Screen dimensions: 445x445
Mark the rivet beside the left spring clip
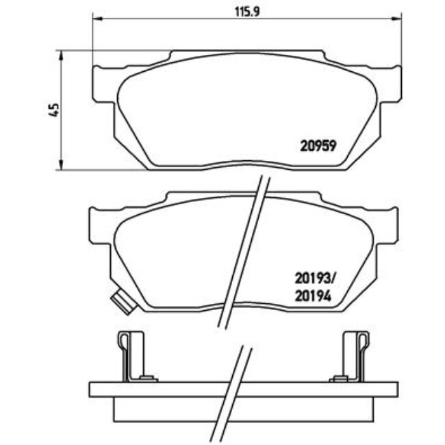click(x=144, y=378)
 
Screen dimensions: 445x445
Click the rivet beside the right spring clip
click(x=338, y=378)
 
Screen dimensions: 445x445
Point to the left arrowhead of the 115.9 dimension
click(x=96, y=20)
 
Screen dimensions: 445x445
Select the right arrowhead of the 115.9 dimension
click(x=398, y=20)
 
